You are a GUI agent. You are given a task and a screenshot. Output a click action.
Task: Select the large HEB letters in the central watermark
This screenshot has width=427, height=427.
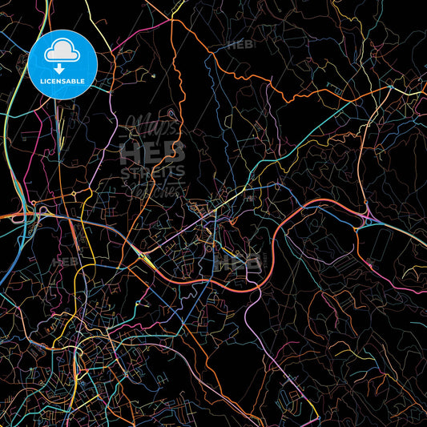tap(153, 151)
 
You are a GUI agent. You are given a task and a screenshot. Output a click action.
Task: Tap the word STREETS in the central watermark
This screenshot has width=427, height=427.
tap(152, 171)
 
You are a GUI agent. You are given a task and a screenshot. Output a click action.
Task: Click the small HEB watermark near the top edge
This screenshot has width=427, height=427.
tap(240, 45)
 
